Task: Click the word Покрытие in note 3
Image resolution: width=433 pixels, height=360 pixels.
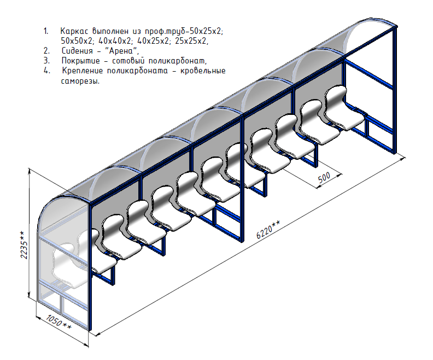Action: [81, 60]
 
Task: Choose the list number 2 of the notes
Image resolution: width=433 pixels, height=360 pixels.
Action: [46, 50]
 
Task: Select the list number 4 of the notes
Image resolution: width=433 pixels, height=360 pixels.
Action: [46, 71]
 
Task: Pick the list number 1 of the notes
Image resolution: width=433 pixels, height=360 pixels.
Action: [46, 31]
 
